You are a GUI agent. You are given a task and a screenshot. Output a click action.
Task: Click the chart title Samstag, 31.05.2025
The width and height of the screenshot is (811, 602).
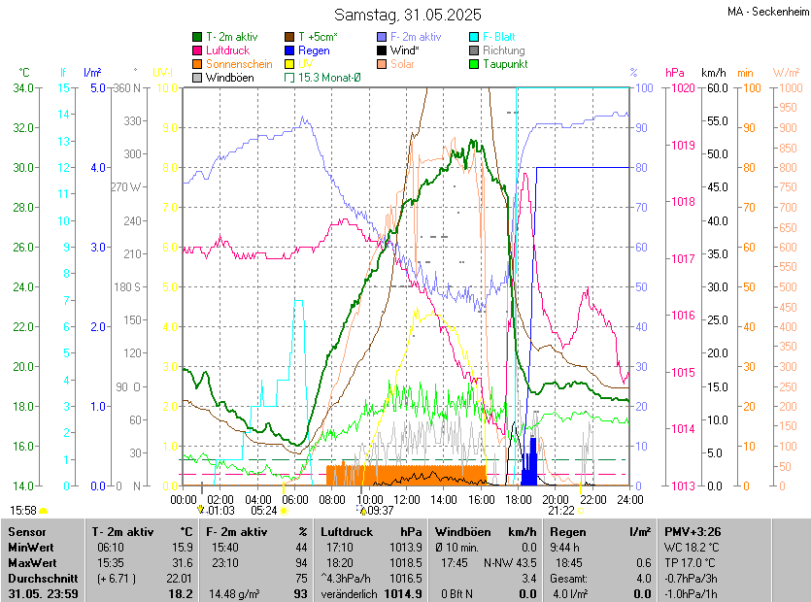pyautogui.click(x=407, y=15)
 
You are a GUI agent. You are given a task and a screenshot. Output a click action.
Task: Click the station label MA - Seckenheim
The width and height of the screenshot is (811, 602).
pyautogui.click(x=767, y=12)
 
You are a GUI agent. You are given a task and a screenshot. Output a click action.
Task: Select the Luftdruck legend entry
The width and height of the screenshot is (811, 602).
pyautogui.click(x=229, y=50)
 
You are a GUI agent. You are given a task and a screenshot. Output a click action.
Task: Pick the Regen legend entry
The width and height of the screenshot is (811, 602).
pyautogui.click(x=314, y=50)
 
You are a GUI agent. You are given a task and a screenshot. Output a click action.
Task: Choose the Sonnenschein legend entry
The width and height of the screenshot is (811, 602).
pyautogui.click(x=235, y=63)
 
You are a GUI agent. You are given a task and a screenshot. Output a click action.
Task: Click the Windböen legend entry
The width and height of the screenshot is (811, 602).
pyautogui.click(x=230, y=77)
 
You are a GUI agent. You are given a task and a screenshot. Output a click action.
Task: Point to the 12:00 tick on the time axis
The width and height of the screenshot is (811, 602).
pyautogui.click(x=407, y=499)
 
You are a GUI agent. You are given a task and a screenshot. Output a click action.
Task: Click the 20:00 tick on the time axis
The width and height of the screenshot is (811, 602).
pyautogui.click(x=556, y=499)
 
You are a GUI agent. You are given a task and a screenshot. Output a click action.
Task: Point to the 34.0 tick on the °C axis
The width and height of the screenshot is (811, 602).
pyautogui.click(x=24, y=88)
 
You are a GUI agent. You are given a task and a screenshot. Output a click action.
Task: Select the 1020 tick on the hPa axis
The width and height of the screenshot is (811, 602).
pyautogui.click(x=681, y=88)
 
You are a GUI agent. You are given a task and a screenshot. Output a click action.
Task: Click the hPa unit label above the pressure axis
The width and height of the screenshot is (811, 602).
pyautogui.click(x=674, y=73)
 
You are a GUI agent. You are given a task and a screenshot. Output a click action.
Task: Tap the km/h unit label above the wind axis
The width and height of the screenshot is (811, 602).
pyautogui.click(x=714, y=73)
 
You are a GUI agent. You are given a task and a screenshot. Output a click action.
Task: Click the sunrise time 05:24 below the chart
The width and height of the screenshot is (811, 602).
pyautogui.click(x=264, y=510)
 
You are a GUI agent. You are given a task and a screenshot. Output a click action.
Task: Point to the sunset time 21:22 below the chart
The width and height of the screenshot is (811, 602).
pyautogui.click(x=560, y=510)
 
